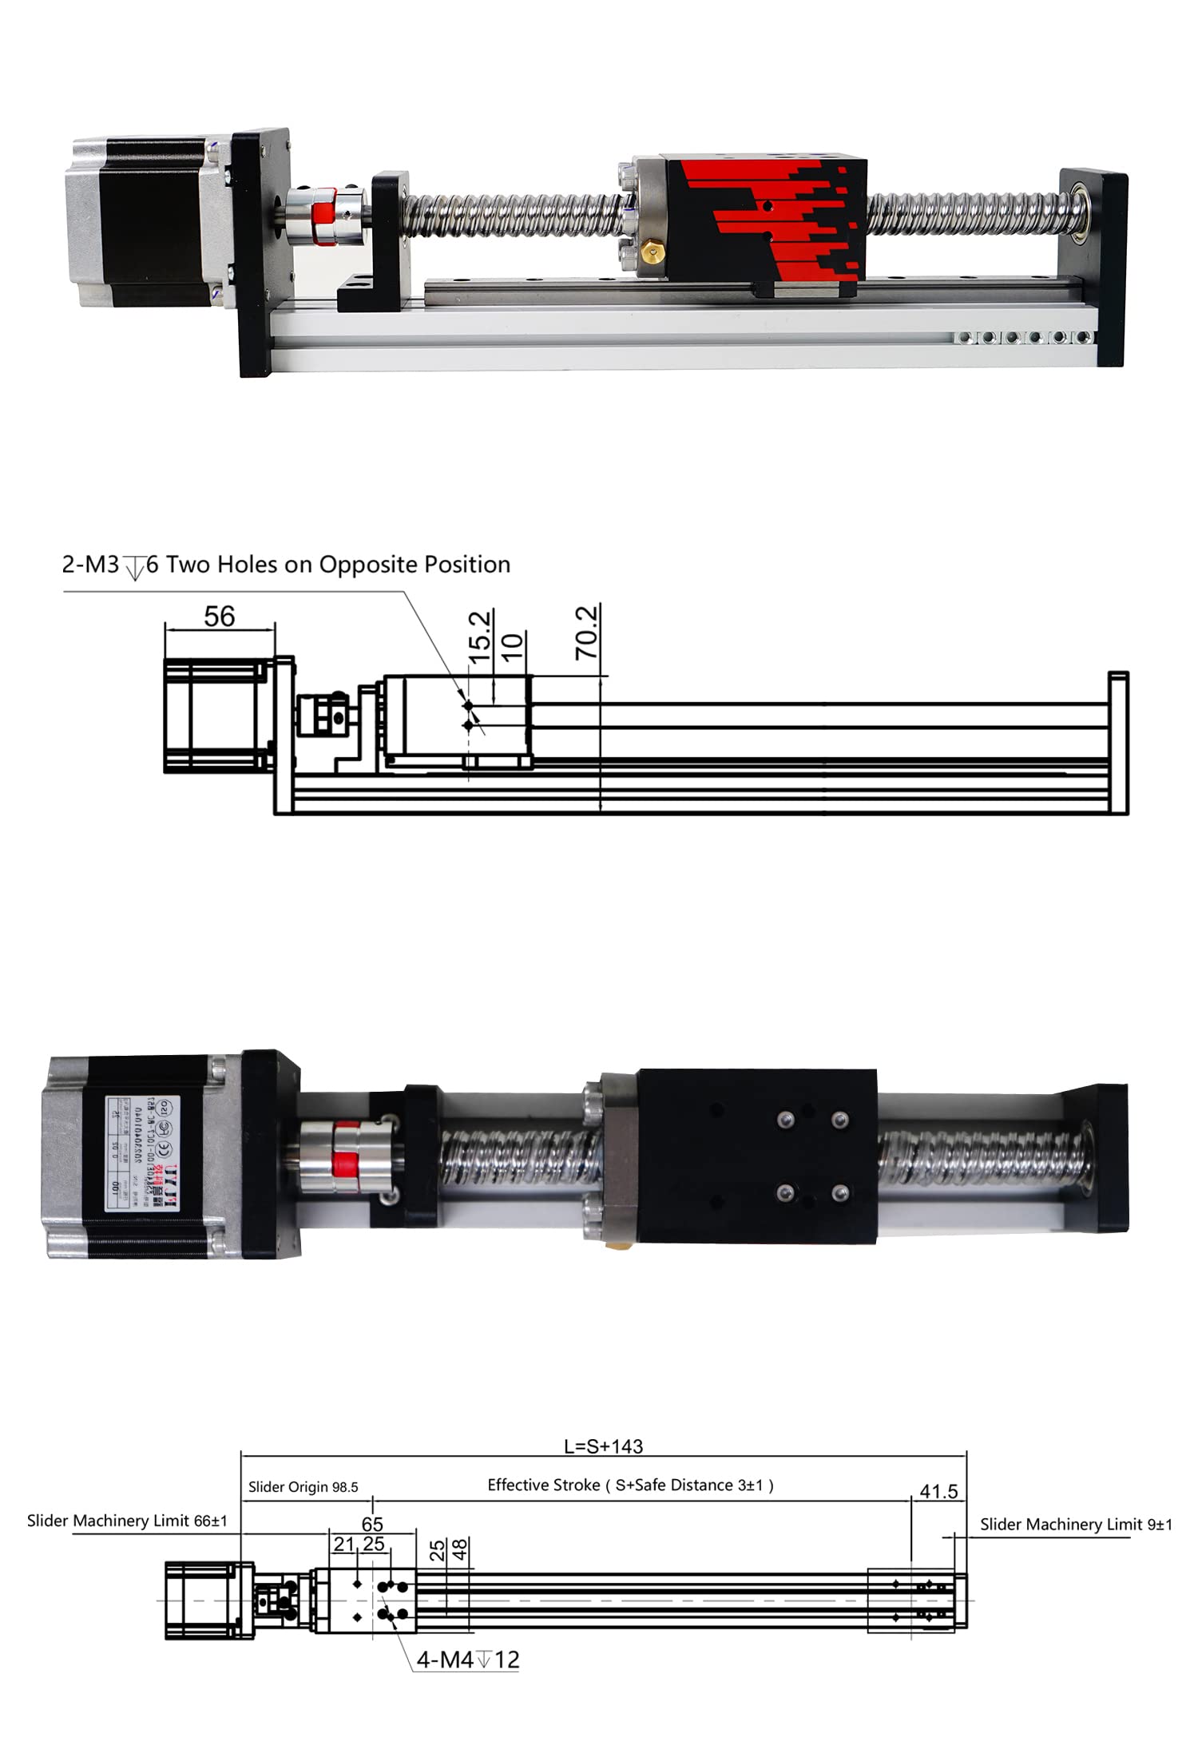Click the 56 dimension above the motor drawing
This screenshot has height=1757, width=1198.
tap(219, 617)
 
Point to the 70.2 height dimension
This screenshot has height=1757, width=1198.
tap(587, 633)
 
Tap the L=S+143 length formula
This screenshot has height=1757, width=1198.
tap(603, 1446)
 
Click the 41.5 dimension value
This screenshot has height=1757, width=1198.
tap(938, 1491)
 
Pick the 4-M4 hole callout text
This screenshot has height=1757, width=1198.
tap(468, 1660)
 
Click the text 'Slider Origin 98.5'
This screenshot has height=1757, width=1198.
tap(303, 1487)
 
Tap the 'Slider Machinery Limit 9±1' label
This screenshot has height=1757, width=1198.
tap(1076, 1524)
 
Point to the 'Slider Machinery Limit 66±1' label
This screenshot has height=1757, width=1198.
tap(127, 1521)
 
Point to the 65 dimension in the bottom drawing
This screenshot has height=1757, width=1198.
tap(372, 1524)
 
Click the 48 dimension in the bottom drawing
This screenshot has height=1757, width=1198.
tap(460, 1550)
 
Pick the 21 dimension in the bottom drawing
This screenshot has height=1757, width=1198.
tap(343, 1545)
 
